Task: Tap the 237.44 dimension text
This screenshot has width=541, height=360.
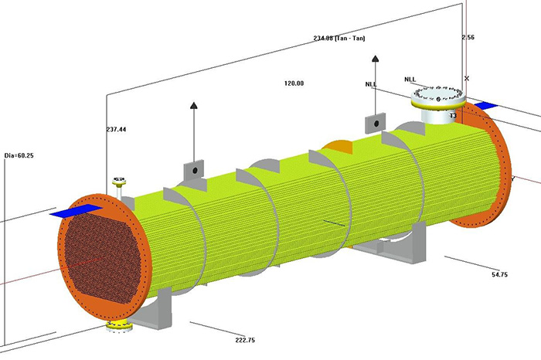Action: pos(116,130)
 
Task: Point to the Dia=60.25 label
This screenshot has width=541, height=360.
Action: pos(19,155)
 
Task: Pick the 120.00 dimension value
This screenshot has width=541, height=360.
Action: pos(294,83)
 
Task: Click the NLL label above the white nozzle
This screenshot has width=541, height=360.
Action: pos(411,79)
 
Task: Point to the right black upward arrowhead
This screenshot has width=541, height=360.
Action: pos(376,59)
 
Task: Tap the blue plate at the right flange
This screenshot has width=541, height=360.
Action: pos(485,105)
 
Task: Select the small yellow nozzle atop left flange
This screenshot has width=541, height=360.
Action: pos(118,183)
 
